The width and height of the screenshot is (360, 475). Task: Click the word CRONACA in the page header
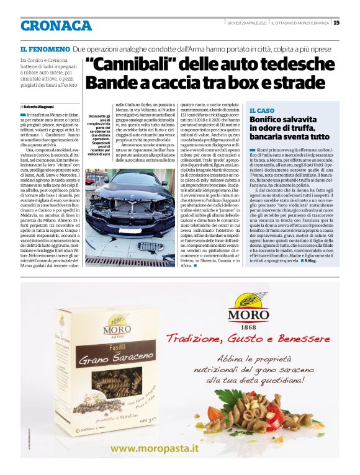pyautogui.click(x=56, y=25)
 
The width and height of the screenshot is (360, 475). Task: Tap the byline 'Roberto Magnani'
pyautogui.click(x=40, y=107)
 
